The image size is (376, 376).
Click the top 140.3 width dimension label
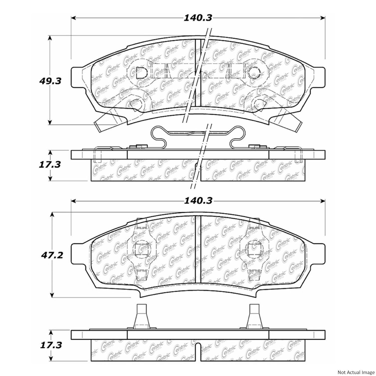198,18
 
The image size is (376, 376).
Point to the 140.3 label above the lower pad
198,201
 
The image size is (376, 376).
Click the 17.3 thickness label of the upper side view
50,165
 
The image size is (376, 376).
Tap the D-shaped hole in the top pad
140,73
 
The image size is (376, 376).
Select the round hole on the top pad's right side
254,73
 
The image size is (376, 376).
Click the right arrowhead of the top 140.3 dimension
323,18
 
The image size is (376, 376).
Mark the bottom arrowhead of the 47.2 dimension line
52,295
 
